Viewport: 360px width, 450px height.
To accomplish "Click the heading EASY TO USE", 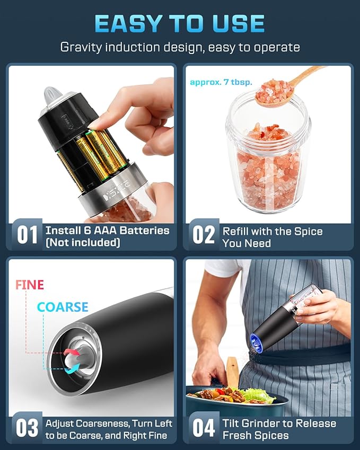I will coord(180,23).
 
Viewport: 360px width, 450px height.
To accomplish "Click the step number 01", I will coord(27,235).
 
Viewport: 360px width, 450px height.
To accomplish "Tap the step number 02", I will coord(204,235).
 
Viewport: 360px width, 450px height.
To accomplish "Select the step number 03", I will coord(27,428).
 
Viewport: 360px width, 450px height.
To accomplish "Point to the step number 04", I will coord(204,428).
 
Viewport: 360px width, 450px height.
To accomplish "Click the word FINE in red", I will coord(30,285).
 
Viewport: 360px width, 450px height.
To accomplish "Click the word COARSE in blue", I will coord(63,307).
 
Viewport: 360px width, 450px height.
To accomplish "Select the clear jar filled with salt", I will coord(268,159).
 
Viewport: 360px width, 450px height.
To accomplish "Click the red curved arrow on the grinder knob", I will coord(72,354).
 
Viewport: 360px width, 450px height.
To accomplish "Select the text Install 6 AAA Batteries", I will coord(107,231).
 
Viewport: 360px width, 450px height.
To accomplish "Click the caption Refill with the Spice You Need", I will coord(272,237).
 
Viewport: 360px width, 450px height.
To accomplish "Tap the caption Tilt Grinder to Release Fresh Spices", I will coord(279,429).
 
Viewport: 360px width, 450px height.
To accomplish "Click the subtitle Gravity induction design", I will coord(180,47).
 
